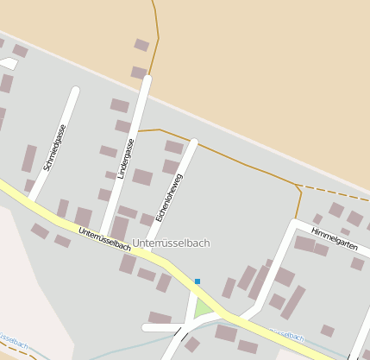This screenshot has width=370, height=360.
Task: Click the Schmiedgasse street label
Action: point(54,148)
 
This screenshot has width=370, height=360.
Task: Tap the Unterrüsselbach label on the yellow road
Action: point(104,239)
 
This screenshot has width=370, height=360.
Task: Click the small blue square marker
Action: point(198,281)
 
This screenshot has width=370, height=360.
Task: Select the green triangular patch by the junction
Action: point(203,307)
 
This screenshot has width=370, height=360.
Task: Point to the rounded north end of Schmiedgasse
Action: point(76,90)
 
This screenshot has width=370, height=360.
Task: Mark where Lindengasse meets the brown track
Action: point(139,131)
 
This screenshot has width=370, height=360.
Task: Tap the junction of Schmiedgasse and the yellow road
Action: point(32,202)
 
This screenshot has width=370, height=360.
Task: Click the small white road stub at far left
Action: point(8,63)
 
